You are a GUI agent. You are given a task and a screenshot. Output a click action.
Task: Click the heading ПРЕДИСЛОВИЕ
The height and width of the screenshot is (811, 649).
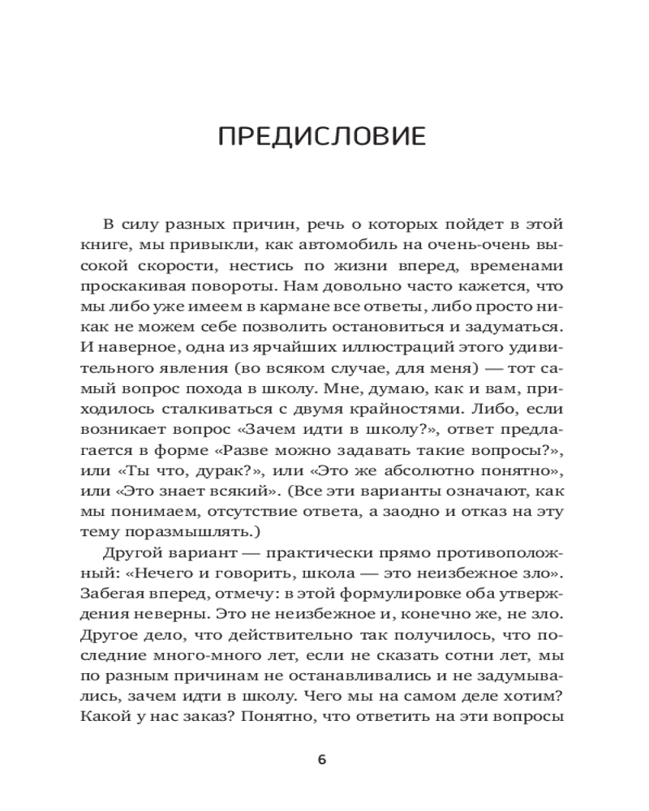322,136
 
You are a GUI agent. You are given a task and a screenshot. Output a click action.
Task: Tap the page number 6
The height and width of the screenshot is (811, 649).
322,760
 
